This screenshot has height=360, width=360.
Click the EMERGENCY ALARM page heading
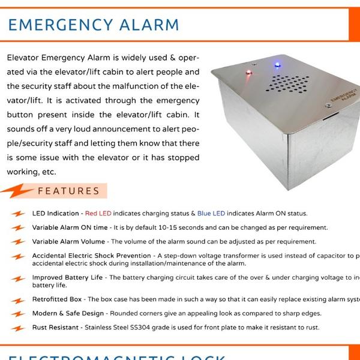(94, 25)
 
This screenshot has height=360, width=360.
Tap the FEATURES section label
(68, 191)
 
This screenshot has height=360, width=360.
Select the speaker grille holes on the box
(287, 85)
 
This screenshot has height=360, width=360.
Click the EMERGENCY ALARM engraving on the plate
(341, 100)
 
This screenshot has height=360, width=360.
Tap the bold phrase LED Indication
(55, 214)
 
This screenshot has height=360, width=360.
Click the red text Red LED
(98, 214)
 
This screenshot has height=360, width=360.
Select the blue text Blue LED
(211, 214)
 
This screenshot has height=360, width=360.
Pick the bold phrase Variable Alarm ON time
(70, 228)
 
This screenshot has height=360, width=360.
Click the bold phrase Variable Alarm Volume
(68, 242)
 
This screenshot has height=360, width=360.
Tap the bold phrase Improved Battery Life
(68, 278)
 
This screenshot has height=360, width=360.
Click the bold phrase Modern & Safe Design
(68, 313)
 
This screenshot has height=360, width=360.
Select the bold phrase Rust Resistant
(55, 328)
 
